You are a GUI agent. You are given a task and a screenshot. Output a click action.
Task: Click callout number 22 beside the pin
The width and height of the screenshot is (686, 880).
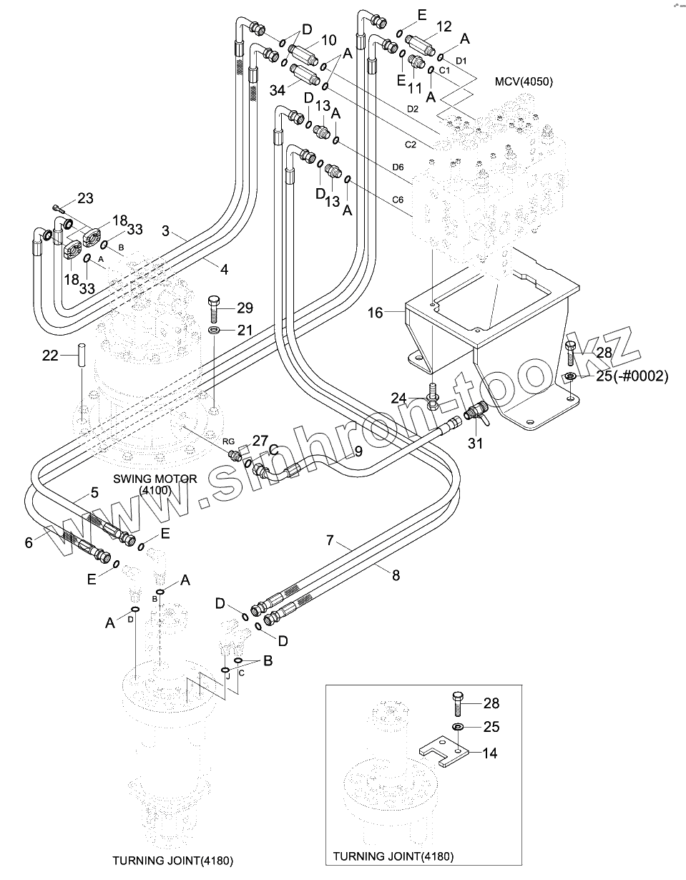(50, 356)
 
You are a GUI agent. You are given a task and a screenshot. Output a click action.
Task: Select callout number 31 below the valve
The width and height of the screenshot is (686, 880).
(475, 444)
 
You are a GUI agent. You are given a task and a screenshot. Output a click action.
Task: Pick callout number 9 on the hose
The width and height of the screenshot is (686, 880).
(358, 451)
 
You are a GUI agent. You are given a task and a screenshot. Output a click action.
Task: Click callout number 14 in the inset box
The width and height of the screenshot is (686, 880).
(491, 753)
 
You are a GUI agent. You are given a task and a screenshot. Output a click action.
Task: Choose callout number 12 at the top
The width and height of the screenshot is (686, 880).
(444, 26)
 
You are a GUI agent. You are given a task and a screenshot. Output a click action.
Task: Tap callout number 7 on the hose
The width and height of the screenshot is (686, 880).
(330, 540)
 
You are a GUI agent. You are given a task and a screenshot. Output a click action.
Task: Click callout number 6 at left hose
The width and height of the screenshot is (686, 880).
(29, 543)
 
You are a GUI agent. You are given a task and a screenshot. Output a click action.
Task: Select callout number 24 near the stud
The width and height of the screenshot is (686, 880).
(398, 398)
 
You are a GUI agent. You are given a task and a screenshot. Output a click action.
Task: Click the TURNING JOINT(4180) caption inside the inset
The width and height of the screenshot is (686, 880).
(393, 856)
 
